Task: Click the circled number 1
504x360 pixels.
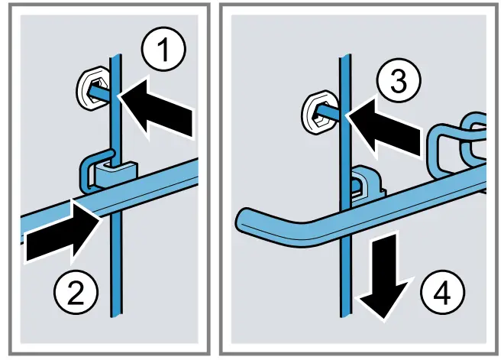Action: click(163, 49)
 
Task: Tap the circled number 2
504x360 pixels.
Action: click(76, 292)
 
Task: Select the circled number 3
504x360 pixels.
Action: click(399, 80)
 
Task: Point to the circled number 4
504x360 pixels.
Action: click(443, 293)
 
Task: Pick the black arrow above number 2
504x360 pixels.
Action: click(61, 231)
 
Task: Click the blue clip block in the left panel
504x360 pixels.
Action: click(116, 174)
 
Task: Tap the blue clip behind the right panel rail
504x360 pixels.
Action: click(367, 184)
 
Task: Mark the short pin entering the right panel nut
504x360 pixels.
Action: click(327, 113)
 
